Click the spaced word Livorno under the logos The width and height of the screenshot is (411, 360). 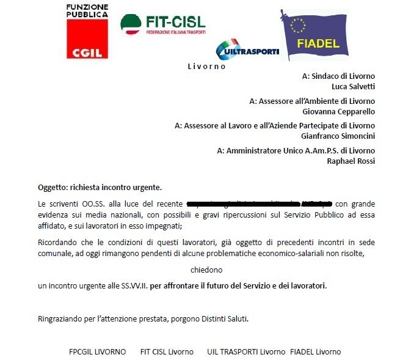point(206,66)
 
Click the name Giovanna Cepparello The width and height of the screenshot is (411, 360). point(338,111)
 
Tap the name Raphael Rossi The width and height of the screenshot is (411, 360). point(351,161)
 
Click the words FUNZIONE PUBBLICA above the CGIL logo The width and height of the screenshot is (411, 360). point(87,10)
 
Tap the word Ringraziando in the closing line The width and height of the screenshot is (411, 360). point(59,318)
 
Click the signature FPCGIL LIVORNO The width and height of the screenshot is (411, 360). point(97,351)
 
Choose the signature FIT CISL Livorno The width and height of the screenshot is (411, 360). point(167,351)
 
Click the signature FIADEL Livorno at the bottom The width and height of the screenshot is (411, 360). point(316,351)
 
